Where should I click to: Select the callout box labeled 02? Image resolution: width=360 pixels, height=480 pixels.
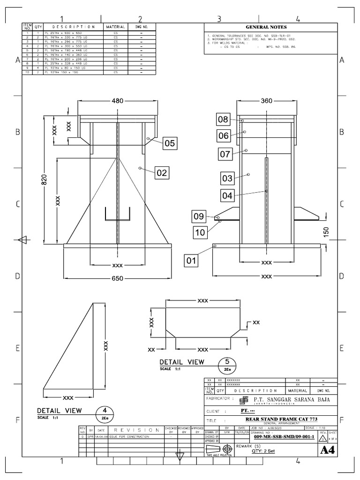(x=162, y=173)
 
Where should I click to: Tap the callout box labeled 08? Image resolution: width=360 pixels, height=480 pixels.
(x=223, y=120)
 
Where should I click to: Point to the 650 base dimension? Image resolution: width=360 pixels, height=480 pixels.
(x=117, y=278)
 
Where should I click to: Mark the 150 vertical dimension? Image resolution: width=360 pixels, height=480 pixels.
(x=326, y=232)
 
